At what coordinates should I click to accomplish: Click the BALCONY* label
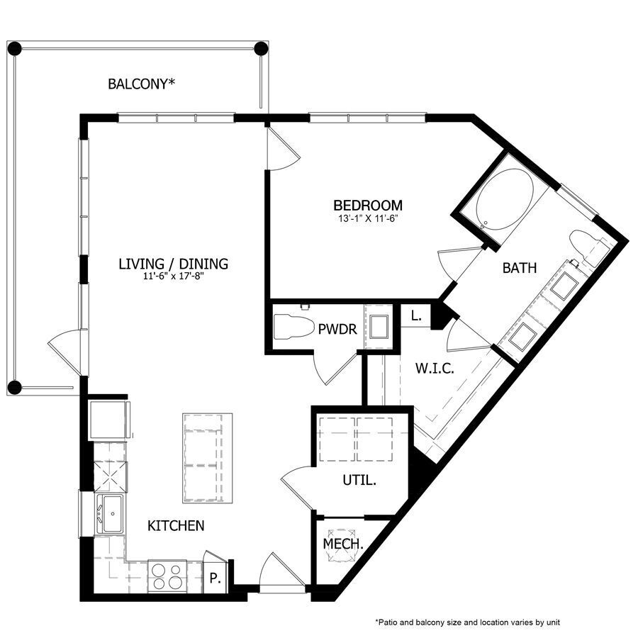point(141,84)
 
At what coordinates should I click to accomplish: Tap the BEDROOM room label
point(368,206)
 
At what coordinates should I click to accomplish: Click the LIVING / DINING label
point(173,264)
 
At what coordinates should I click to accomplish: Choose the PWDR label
point(337,329)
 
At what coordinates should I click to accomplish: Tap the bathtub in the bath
point(505,198)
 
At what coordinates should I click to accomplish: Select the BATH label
point(519,268)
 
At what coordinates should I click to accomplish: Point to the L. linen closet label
point(416,317)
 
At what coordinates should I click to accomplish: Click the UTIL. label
point(359,480)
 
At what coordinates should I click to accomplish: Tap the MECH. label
point(343,544)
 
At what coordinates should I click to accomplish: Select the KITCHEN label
point(176,525)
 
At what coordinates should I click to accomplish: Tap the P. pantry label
point(214,578)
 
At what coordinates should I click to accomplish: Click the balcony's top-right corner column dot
point(261,49)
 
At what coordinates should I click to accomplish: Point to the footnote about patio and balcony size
point(468,622)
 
